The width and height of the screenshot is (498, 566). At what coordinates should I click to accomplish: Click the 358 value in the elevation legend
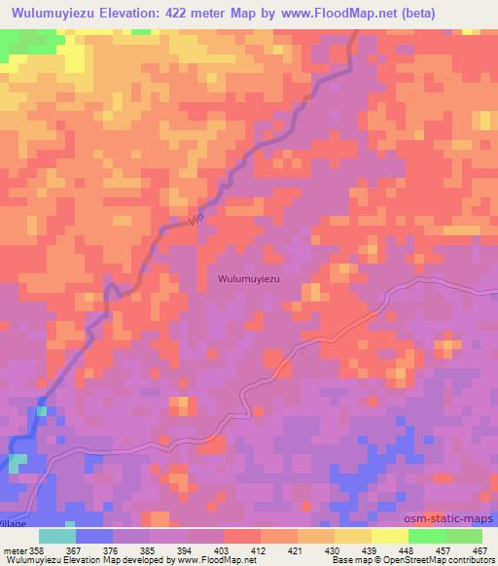point(37,550)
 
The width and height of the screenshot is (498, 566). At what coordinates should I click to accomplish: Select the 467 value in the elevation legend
point(479,550)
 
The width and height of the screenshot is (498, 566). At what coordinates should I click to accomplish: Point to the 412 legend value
point(260,550)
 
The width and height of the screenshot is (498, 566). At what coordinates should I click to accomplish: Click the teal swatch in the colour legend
point(56,536)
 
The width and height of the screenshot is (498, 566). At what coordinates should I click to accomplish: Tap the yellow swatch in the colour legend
point(390,536)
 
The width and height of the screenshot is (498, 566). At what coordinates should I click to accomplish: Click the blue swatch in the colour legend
point(93,536)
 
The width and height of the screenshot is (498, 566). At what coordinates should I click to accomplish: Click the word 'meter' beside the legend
point(14,550)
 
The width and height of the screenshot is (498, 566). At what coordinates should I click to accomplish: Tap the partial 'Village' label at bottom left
point(14,522)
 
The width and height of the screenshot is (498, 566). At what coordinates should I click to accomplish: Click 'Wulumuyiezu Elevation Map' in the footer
point(58,560)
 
